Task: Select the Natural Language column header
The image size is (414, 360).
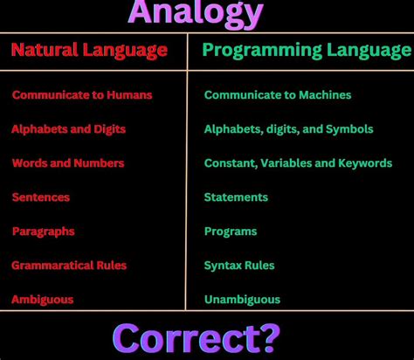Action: [89, 50]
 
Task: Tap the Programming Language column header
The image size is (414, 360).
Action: [307, 50]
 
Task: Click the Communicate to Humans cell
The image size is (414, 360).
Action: [82, 94]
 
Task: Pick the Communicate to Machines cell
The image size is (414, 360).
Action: [278, 94]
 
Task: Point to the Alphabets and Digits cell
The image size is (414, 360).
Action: [69, 128]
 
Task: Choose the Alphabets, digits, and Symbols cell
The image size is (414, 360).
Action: [288, 128]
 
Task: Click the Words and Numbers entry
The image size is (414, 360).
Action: [68, 163]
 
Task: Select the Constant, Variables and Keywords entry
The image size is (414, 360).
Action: [298, 163]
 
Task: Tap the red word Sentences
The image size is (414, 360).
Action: [41, 197]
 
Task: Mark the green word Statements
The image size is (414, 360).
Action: [236, 197]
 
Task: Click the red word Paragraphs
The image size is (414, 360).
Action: [44, 231]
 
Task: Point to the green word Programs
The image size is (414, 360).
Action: [231, 231]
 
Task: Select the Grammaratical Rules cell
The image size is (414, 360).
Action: [69, 265]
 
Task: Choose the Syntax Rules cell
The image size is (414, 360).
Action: [239, 265]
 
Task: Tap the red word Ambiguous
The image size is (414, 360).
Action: [43, 299]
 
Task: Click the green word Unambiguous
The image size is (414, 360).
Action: [242, 299]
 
